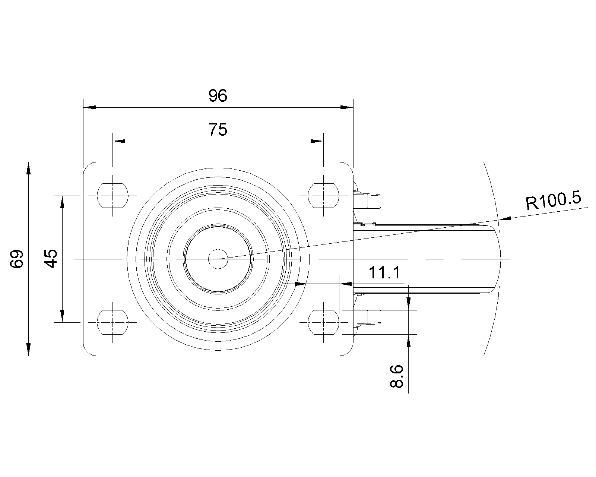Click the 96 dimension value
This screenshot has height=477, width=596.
(x=218, y=96)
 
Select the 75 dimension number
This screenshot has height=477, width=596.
(x=218, y=129)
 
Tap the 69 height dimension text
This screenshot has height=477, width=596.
(x=17, y=259)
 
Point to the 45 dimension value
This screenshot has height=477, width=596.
(x=51, y=259)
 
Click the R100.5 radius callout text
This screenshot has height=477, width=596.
(x=554, y=200)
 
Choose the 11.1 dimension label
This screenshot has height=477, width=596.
(x=384, y=272)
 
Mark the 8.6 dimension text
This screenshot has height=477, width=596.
(x=397, y=376)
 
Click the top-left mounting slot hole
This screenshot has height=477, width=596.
(x=112, y=195)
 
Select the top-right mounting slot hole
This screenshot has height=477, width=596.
(x=323, y=195)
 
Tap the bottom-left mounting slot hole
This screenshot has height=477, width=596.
(x=112, y=322)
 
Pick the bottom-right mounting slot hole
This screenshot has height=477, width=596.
(x=323, y=322)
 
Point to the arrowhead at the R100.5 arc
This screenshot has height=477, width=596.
(x=505, y=219)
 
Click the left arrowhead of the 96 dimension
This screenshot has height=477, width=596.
(x=89, y=107)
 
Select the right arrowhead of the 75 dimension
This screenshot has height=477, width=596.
(x=317, y=141)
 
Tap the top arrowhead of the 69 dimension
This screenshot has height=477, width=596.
(x=28, y=168)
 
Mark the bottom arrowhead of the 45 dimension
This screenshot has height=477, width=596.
(x=62, y=316)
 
